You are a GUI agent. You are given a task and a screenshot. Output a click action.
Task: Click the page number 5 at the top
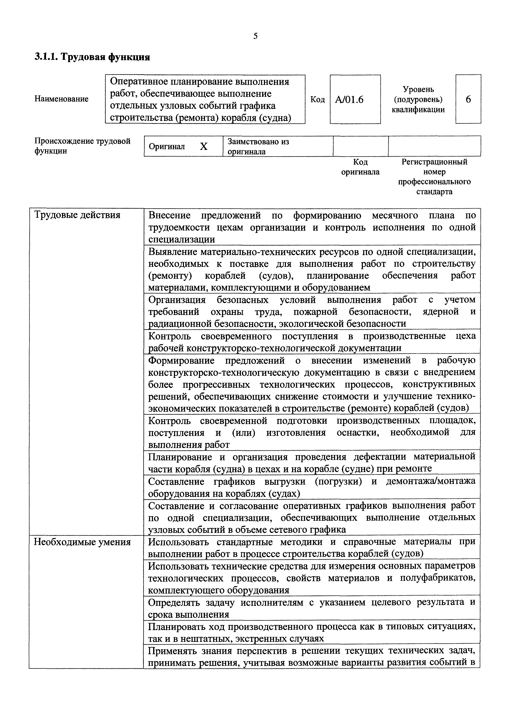pos(255,36)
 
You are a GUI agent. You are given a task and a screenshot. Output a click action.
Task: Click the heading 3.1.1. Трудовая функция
pos(92,57)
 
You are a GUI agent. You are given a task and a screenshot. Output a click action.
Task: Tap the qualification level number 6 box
pos(468,100)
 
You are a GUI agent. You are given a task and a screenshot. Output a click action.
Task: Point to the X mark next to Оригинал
pos(204,146)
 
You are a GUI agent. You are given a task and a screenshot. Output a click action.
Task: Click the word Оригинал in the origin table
pos(167,147)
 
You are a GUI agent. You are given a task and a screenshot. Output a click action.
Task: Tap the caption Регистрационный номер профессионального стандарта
pos(434,177)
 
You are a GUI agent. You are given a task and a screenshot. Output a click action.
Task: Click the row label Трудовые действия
pos(77,215)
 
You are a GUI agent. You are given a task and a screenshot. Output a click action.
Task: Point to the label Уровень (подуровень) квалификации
pos(418,100)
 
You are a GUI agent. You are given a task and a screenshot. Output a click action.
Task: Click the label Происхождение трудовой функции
pos(82,146)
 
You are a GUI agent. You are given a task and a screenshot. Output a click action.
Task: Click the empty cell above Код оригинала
pos(361,146)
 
